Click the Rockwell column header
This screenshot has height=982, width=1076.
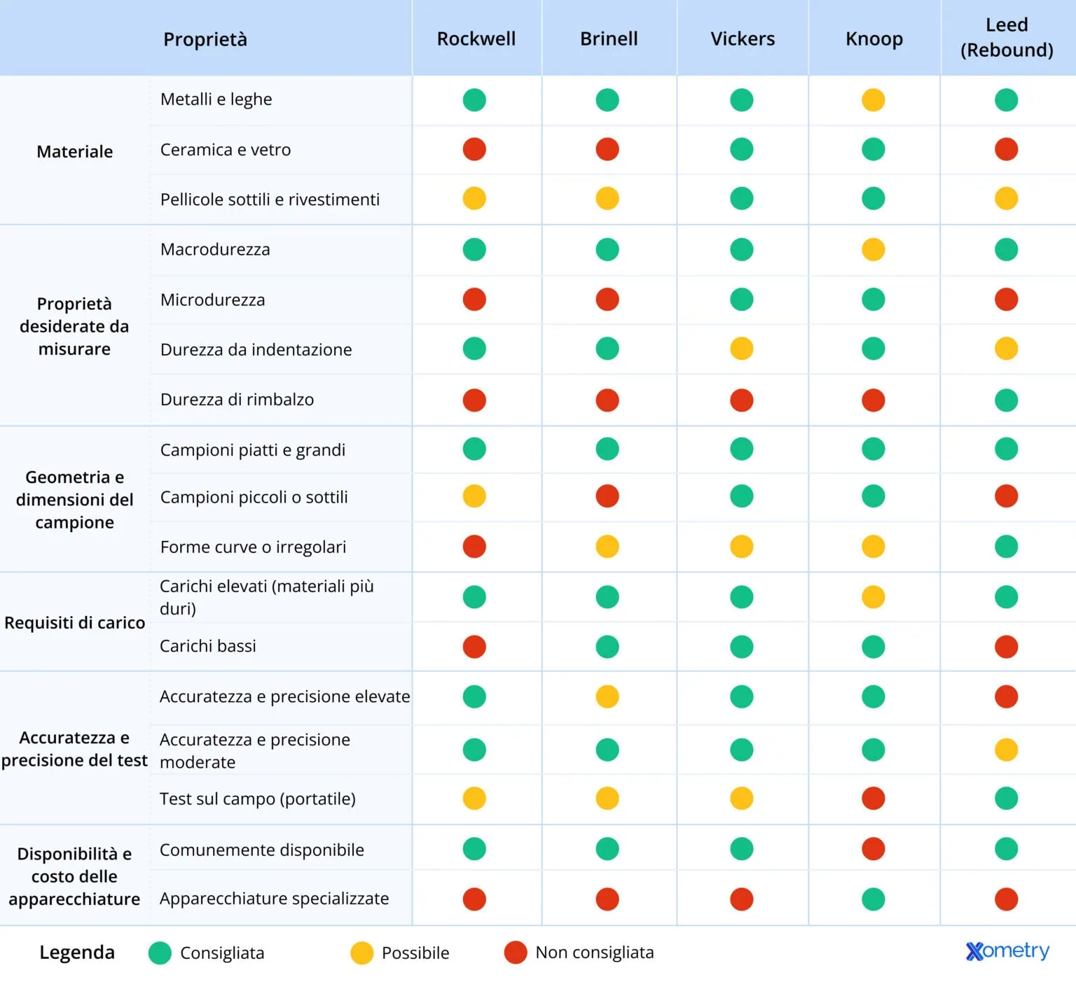476,38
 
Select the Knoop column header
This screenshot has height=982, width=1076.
874,38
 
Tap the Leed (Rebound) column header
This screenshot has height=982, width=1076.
1006,38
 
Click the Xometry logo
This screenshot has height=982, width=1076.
1007,951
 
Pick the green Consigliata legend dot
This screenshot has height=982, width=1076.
160,953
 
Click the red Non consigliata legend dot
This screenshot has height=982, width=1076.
516,953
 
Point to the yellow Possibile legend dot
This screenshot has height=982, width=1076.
361,953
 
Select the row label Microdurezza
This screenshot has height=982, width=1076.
212,300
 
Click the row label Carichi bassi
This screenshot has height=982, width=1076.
207,646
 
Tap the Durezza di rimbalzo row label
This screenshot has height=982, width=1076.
237,400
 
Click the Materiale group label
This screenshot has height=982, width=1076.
74,151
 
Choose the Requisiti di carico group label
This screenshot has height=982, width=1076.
74,622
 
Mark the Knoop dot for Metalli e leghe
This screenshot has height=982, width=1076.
873,99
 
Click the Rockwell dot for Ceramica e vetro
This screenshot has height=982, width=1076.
474,149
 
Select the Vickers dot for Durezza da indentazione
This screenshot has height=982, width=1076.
741,349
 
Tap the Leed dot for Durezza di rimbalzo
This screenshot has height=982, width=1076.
1006,400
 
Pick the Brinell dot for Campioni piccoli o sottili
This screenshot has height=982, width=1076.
607,496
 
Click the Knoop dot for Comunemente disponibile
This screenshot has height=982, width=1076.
873,849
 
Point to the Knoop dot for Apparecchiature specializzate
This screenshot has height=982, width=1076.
873,899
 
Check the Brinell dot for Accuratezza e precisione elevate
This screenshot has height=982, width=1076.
607,696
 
